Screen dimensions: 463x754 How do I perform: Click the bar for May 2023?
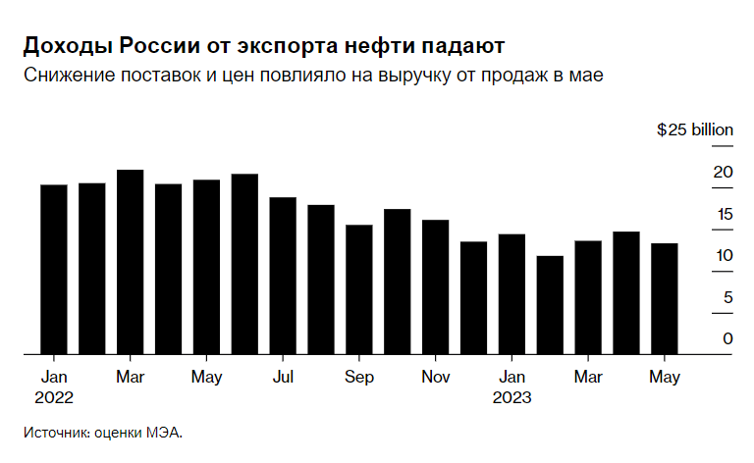coord(665,298)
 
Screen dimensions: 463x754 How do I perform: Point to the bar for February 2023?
coord(550,305)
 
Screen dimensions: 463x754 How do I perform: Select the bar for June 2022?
coord(244,264)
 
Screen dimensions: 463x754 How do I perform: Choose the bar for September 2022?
coord(359,289)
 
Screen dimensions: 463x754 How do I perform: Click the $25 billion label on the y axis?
coord(694,129)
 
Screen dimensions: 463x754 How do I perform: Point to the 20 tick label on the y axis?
coord(723,173)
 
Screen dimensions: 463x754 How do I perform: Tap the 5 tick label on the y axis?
coord(727,297)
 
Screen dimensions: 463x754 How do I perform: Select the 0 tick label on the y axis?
coord(727,338)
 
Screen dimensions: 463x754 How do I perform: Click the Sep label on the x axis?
coord(359,377)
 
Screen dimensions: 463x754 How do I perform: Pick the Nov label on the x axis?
coord(435,377)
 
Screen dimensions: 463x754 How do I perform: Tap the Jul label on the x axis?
coord(283,377)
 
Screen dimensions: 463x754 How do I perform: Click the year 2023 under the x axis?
coord(511,397)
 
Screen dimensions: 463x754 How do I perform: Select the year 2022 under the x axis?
coord(53,397)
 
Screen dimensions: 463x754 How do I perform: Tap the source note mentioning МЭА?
coord(103,432)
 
